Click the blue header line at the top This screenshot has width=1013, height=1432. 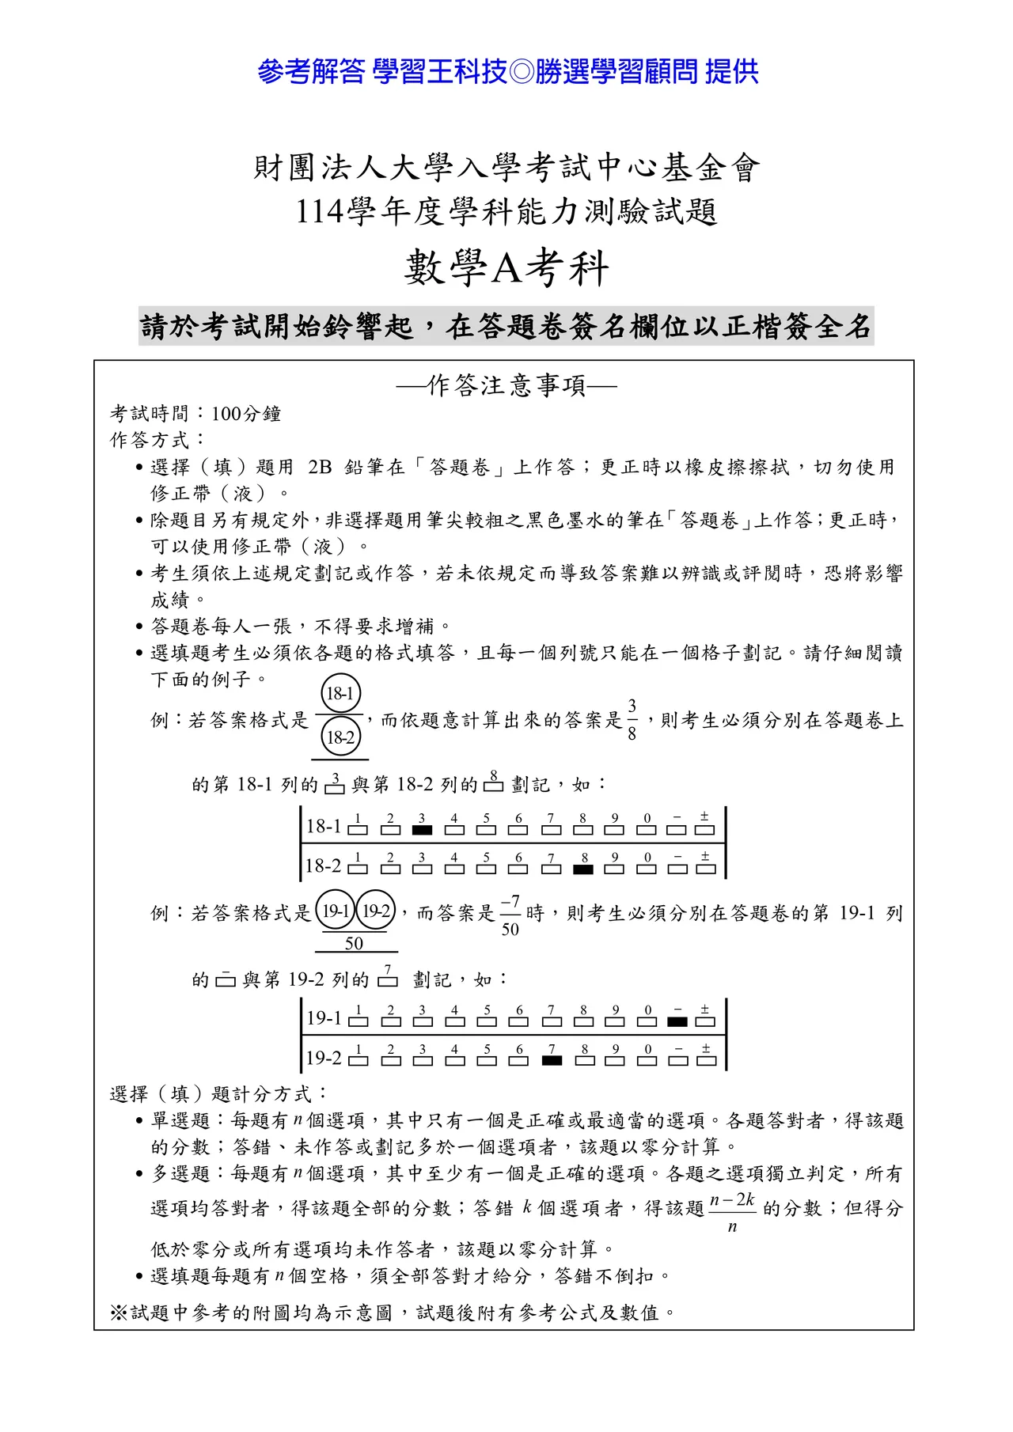click(x=507, y=72)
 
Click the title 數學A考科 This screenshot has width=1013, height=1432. click(x=506, y=267)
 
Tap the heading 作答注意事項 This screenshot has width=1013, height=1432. click(x=506, y=385)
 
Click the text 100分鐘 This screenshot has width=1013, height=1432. click(x=246, y=414)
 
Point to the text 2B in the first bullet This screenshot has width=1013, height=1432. click(x=320, y=467)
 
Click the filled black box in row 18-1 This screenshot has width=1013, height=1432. click(x=423, y=830)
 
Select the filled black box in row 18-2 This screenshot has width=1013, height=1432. click(x=583, y=869)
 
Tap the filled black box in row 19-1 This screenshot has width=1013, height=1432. click(x=677, y=1021)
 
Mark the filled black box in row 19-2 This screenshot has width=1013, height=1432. click(x=552, y=1060)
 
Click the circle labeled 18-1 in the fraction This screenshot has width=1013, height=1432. click(x=340, y=694)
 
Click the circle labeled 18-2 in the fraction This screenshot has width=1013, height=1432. click(x=340, y=737)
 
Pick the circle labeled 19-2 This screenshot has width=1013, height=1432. click(x=376, y=911)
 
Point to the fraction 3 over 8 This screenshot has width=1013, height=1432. click(x=632, y=719)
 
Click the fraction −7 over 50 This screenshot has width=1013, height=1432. click(x=510, y=915)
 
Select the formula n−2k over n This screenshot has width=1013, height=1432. click(x=732, y=1212)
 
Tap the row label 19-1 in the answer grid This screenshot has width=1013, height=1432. click(x=324, y=1018)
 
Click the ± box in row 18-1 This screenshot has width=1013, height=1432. click(x=704, y=830)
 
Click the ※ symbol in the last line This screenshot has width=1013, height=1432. click(x=119, y=1313)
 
